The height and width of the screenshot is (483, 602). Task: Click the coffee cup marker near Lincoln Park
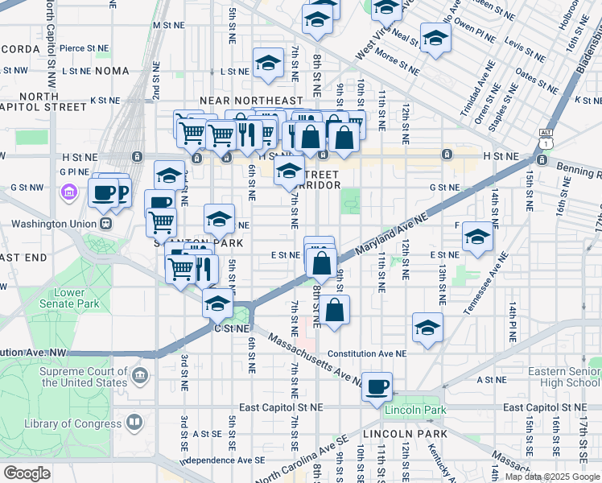coord(377,386)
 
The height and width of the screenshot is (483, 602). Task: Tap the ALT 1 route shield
coord(546,137)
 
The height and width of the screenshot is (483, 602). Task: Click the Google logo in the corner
coord(27,473)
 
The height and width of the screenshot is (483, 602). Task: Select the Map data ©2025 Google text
coord(552,477)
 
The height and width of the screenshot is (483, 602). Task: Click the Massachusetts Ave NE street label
coord(315,359)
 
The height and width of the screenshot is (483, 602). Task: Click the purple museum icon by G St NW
coord(68,192)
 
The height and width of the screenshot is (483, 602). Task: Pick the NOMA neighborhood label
coord(111,71)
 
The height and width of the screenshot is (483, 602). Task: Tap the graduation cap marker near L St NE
coord(268,62)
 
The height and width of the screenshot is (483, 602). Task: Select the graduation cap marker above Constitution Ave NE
coord(427,327)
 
